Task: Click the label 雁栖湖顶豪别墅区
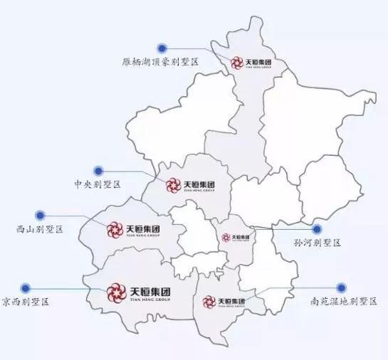[x=159, y=62]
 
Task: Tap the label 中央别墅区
[x=98, y=184]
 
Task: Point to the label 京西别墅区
[x=26, y=302]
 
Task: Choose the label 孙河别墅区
[x=318, y=243]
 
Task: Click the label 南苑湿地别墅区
[x=342, y=302]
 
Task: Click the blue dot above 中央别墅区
[x=100, y=171]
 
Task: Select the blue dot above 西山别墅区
[x=41, y=213]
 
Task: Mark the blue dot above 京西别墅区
[x=24, y=288]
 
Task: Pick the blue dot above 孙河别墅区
[x=317, y=229]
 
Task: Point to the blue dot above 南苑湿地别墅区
[x=341, y=287]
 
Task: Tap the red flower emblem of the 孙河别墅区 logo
[x=226, y=237]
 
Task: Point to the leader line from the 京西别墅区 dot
[x=64, y=289]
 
